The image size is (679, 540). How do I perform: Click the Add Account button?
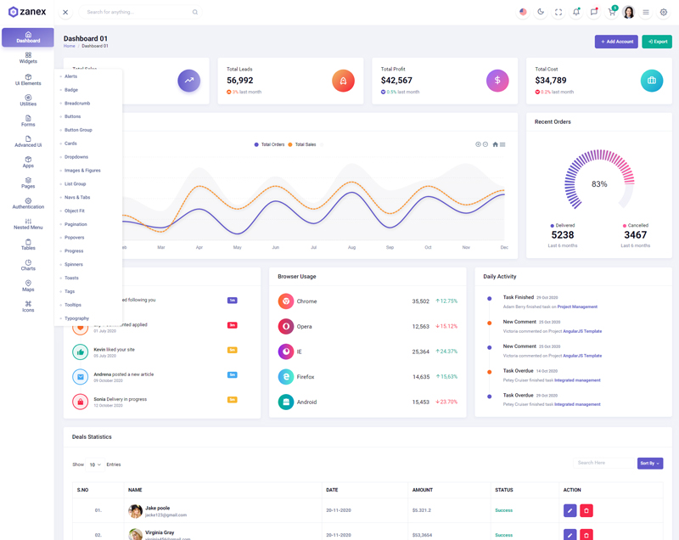pos(616,42)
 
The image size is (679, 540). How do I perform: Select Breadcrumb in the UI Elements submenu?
pos(77,104)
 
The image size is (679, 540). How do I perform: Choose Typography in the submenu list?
pos(76,318)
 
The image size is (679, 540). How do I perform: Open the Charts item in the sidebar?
pos(28,266)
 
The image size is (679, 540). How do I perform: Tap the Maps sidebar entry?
pos(28,286)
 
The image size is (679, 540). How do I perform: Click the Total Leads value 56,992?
pos(239,81)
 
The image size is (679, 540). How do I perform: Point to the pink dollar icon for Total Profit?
pos(497,81)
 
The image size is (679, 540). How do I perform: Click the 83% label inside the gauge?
pos(599,184)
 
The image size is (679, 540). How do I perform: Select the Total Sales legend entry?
pos(302,145)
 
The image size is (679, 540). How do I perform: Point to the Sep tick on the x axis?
pos(390,247)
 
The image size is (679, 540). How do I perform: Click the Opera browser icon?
pos(286,326)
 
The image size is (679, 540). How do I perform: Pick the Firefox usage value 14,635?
pos(421,377)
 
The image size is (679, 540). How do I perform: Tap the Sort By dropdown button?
pos(650,464)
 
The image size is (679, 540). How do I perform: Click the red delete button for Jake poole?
pos(586,510)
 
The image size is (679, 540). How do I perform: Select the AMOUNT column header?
pos(423,490)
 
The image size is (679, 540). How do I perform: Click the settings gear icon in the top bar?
pos(664,13)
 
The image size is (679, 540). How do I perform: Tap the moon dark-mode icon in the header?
pos(541,12)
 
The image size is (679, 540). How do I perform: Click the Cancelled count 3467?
pos(635,235)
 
